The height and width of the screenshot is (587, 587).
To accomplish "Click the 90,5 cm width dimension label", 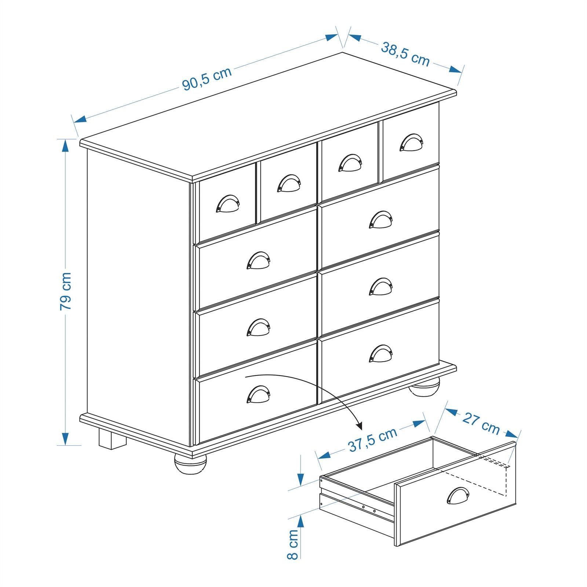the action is [x=207, y=78].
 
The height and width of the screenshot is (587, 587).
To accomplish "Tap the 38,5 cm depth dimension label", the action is [x=405, y=54].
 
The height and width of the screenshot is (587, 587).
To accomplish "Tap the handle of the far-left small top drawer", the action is [x=228, y=204].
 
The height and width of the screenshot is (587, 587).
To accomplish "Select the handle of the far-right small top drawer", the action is [x=411, y=142].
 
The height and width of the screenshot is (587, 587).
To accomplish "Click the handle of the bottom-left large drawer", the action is [x=259, y=394].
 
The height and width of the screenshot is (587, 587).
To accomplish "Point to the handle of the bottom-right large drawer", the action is [x=381, y=353].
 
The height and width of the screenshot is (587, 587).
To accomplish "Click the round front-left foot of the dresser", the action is [x=190, y=464].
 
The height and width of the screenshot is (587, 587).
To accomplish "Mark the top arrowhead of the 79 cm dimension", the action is [x=65, y=146].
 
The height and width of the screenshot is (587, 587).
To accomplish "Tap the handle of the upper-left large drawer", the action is [x=259, y=260].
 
